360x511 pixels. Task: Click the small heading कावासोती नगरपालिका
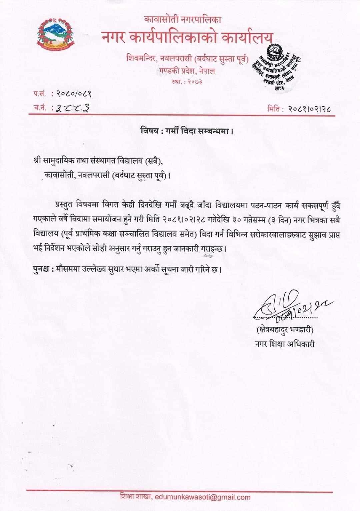(x=183, y=20)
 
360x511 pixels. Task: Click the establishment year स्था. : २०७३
(x=187, y=82)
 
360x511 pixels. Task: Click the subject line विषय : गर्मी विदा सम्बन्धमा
(x=186, y=131)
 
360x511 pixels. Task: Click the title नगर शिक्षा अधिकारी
(x=285, y=343)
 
